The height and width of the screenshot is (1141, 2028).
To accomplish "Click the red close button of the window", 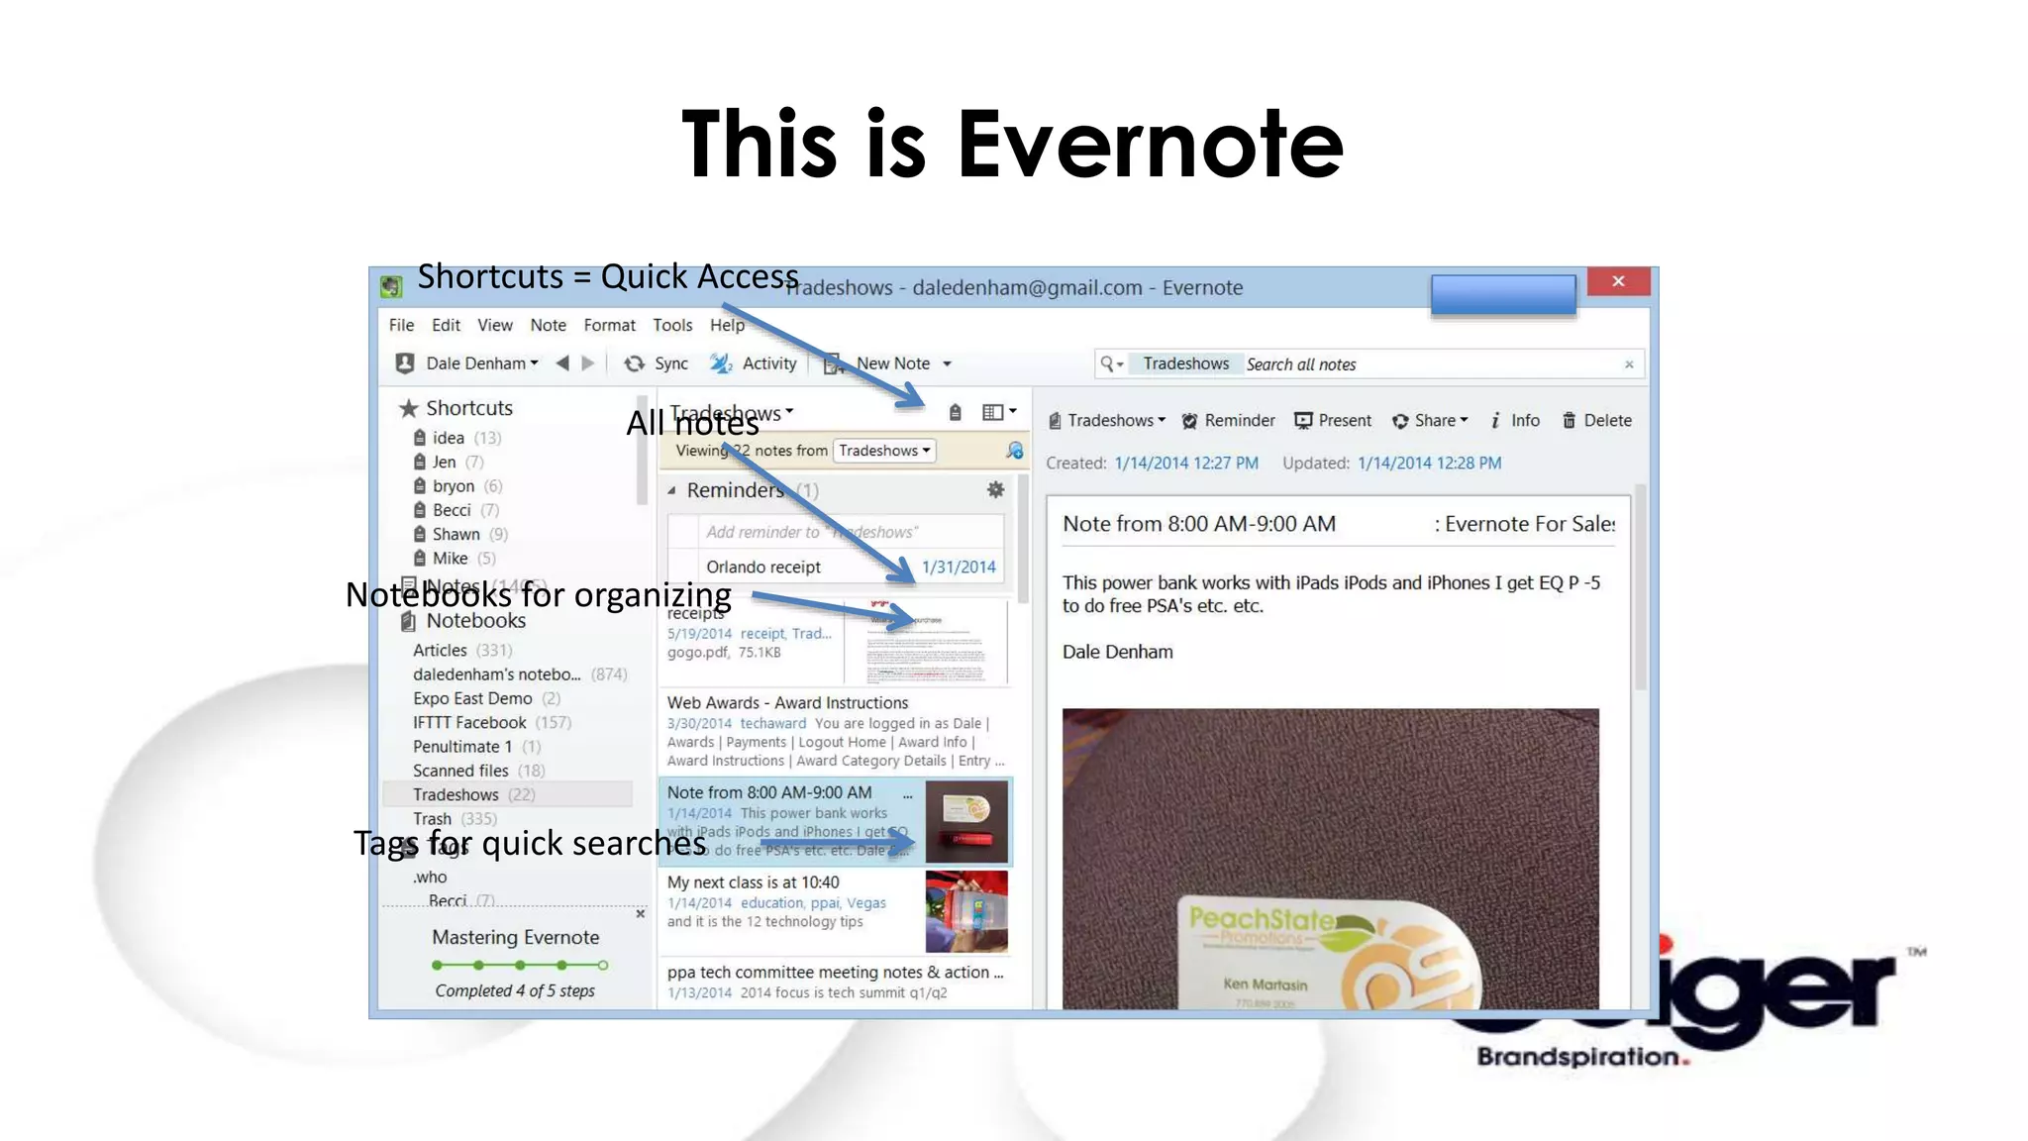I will pos(1618,281).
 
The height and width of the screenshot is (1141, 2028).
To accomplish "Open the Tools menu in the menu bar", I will pos(672,325).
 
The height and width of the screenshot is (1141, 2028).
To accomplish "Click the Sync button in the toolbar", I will pos(657,363).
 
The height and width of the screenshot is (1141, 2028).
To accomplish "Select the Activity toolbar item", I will pos(755,363).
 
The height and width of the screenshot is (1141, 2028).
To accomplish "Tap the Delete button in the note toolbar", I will pos(1596,420).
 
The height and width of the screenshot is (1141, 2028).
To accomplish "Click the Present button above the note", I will pos(1333,420).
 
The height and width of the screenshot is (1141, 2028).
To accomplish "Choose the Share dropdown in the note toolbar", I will pos(1430,420).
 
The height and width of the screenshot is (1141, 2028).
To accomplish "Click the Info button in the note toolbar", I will pos(1515,420).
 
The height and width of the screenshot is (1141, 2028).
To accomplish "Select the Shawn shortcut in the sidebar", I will pos(456,534).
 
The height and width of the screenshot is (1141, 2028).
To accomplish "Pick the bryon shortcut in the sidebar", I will pos(453,486).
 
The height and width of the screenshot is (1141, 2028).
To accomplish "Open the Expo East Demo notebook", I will pos(472,698).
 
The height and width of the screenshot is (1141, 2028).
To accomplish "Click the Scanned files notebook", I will pos(460,771).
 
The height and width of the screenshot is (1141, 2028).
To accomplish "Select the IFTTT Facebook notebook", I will pos(469,723).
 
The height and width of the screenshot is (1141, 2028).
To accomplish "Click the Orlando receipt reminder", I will pos(763,567).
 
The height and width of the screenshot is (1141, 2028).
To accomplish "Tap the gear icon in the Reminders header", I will pos(995,489).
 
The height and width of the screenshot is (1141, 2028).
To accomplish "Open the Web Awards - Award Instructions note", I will pos(787,702).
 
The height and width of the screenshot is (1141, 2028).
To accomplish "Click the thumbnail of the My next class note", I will pos(966,911).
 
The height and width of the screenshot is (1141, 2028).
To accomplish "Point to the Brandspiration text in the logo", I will pos(1579,1057).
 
